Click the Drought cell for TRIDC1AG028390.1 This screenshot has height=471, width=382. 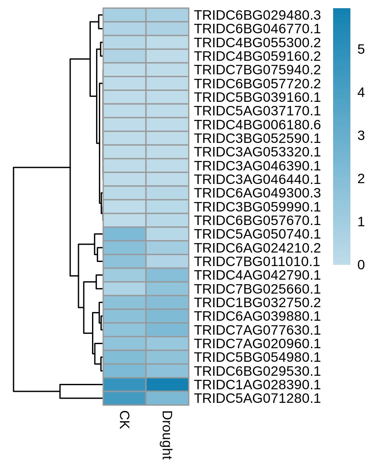coord(168,384)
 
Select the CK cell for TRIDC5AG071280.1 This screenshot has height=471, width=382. coord(124,398)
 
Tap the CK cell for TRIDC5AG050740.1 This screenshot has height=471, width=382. coord(124,234)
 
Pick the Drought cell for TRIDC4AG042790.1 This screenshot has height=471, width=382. coord(168,275)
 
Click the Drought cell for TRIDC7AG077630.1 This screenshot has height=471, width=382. coord(168,330)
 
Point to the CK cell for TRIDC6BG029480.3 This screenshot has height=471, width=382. coord(124,15)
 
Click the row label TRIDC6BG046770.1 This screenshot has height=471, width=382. coord(257,29)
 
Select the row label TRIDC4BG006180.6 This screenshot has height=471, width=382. coord(257,125)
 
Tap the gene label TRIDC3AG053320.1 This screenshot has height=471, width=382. coord(257,152)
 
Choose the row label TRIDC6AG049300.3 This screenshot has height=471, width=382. coord(257,193)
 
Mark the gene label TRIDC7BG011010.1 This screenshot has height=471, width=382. coord(257,261)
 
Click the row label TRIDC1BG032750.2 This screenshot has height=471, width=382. coord(257,303)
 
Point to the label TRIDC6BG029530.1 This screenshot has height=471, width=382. coord(257,371)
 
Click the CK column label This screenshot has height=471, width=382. coord(124,420)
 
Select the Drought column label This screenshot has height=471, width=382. coord(167,435)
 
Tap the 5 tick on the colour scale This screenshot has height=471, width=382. coord(361,49)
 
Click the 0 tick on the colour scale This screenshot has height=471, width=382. coord(361,265)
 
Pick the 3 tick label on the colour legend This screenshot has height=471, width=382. coord(361,136)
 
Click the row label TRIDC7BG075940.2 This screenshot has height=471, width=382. coord(257,70)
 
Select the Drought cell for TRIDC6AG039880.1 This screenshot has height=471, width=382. coord(168,316)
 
